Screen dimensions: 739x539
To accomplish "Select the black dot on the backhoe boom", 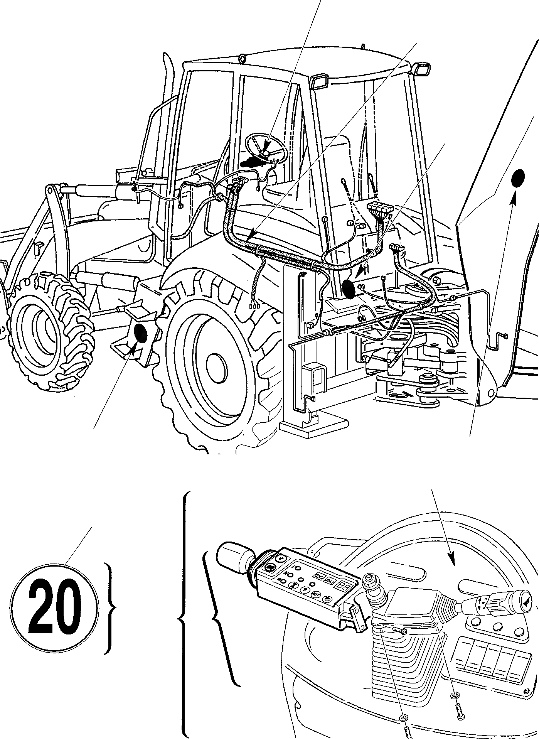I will pos(518,179).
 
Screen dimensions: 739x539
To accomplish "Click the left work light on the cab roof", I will pos(318,82).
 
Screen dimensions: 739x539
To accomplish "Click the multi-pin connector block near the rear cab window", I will pos(379,211).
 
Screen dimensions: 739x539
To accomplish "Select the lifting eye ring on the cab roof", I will pos(242,59).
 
